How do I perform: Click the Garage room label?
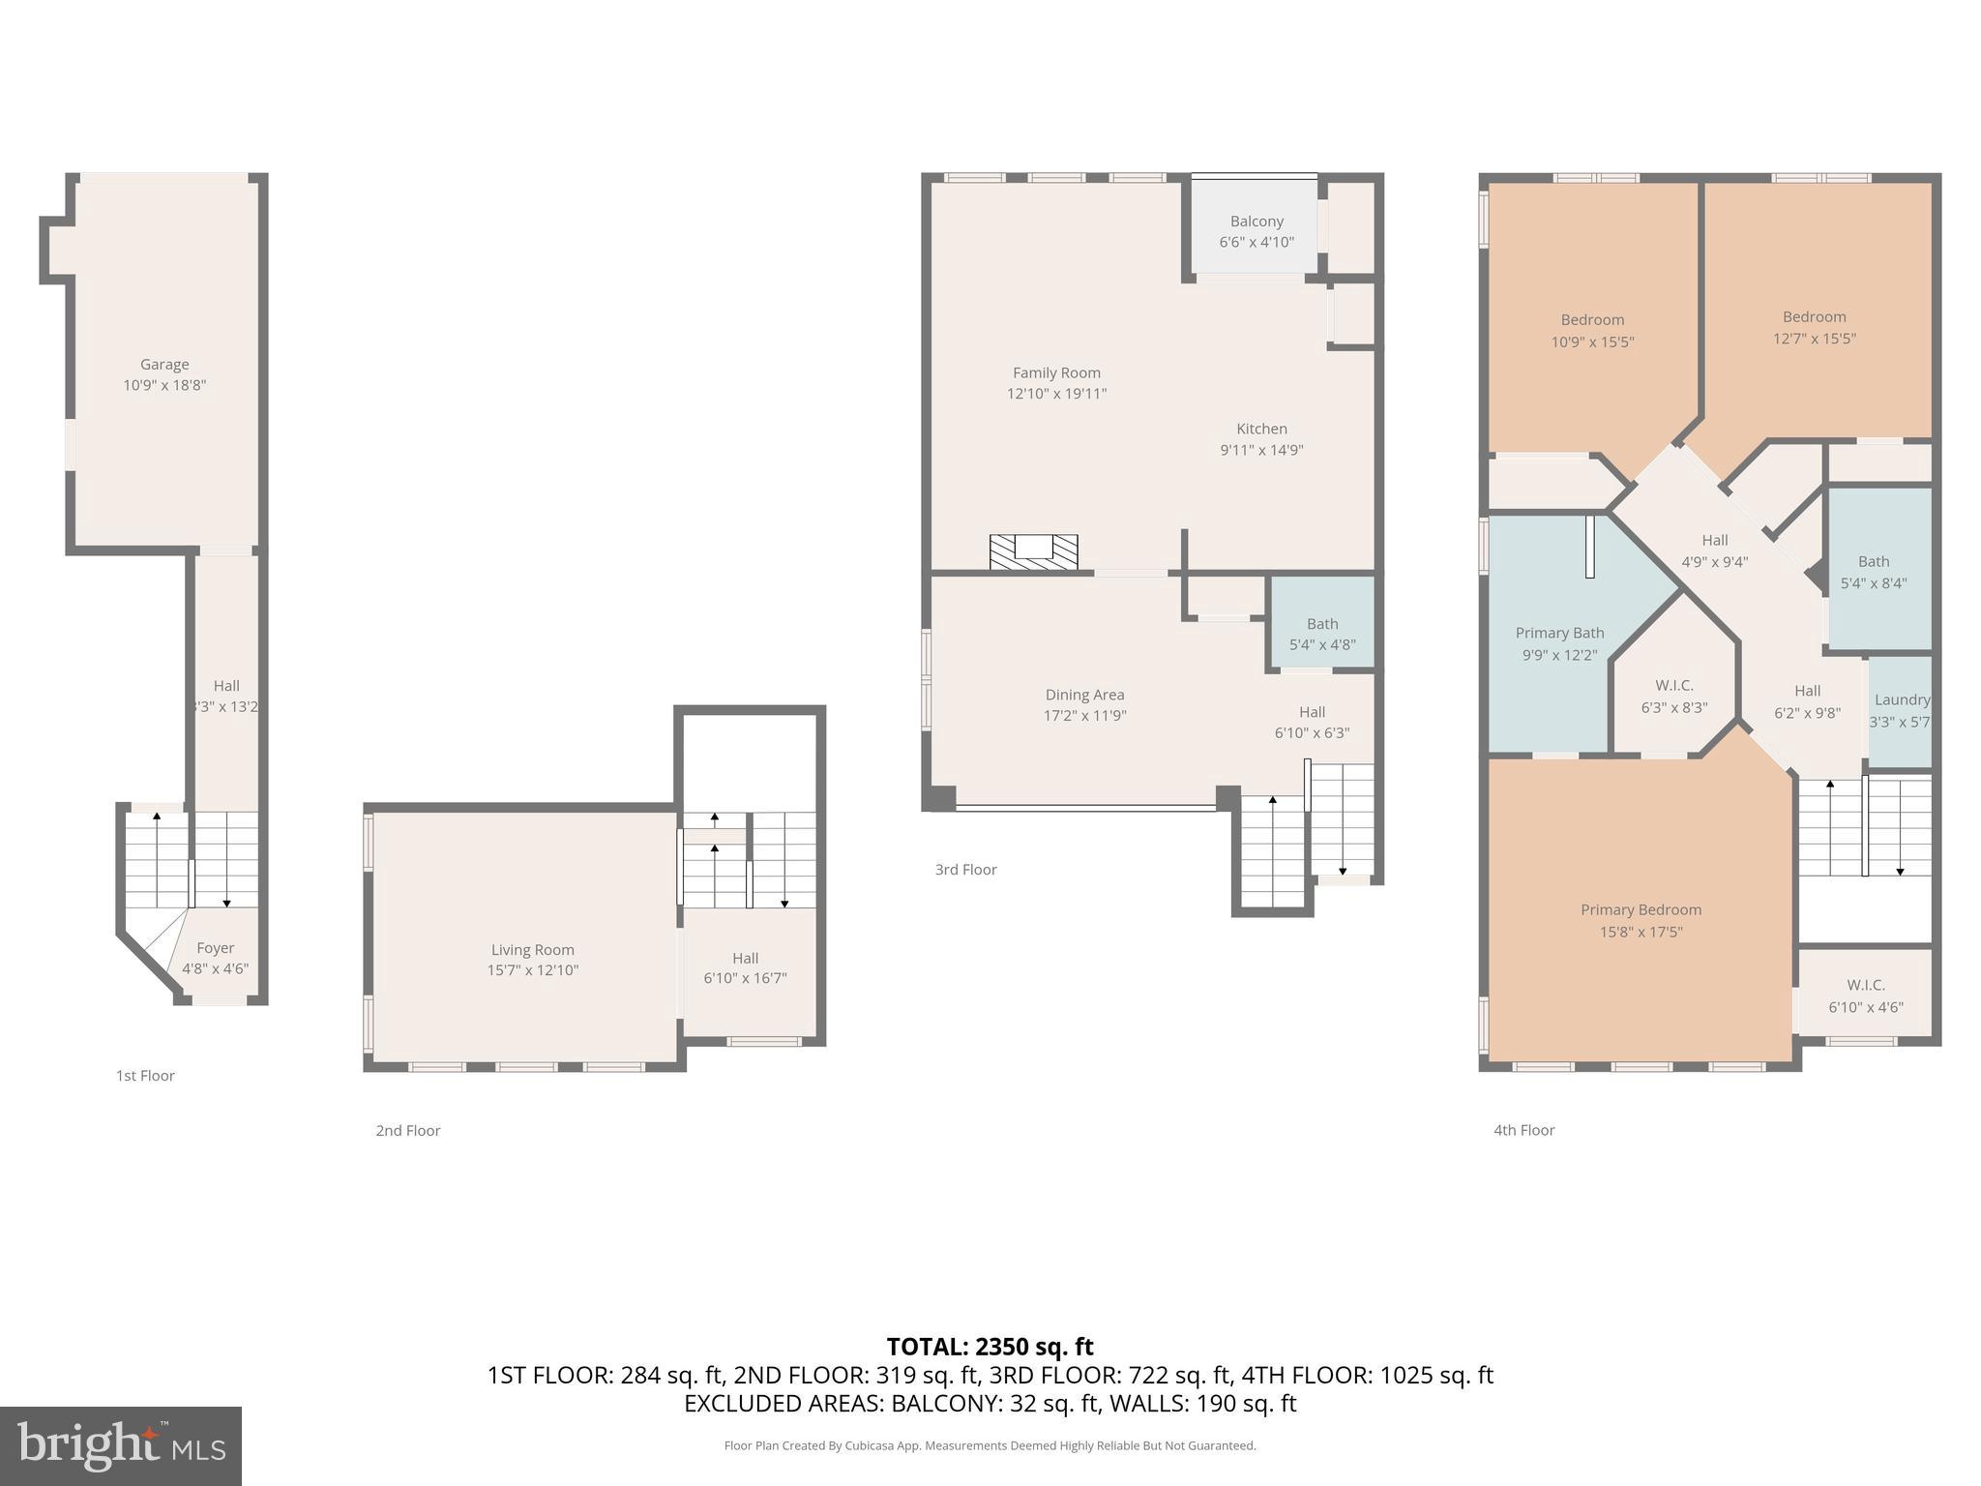pyautogui.click(x=164, y=365)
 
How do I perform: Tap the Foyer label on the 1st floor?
pyautogui.click(x=215, y=948)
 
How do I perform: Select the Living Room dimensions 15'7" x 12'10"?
pyautogui.click(x=532, y=970)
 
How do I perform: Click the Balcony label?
pyautogui.click(x=1257, y=222)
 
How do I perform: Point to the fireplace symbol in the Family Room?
pyautogui.click(x=1033, y=551)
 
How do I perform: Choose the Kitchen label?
pyautogui.click(x=1261, y=429)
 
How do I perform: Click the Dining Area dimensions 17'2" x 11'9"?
pyautogui.click(x=1084, y=716)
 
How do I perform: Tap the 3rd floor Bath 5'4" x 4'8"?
pyautogui.click(x=1322, y=635)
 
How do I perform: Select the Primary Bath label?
pyautogui.click(x=1559, y=633)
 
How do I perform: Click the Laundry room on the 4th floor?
pyautogui.click(x=1901, y=710)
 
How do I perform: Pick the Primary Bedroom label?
pyautogui.click(x=1641, y=909)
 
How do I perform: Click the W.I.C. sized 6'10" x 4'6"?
pyautogui.click(x=1865, y=996)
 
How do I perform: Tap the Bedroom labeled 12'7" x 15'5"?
pyautogui.click(x=1814, y=327)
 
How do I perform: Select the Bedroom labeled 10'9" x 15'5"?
pyautogui.click(x=1592, y=330)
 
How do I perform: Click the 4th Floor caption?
pyautogui.click(x=1523, y=1130)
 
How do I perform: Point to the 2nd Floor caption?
pyautogui.click(x=408, y=1130)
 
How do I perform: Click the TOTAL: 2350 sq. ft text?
pyautogui.click(x=990, y=1347)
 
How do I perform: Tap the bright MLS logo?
pyautogui.click(x=121, y=1446)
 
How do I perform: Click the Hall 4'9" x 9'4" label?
pyautogui.click(x=1714, y=550)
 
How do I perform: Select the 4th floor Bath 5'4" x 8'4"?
pyautogui.click(x=1873, y=572)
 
